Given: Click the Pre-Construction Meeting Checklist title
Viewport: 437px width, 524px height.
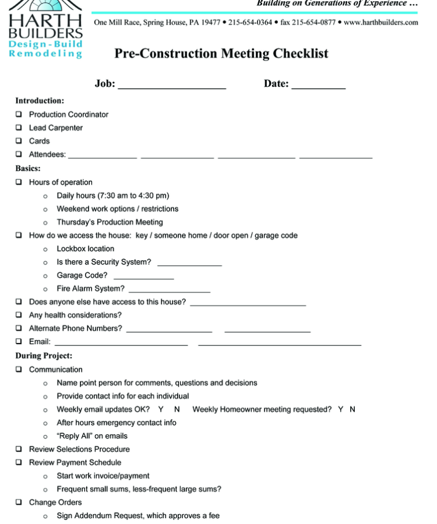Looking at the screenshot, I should point(221,54).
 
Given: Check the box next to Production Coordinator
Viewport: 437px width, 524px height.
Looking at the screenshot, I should point(19,114).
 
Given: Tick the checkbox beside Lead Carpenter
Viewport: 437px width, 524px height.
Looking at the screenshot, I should point(19,128).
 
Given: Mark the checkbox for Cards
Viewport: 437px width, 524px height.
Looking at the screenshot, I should point(19,141).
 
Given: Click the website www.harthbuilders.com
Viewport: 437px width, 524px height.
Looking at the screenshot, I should point(381,23).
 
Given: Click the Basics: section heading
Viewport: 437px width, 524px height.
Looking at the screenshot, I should point(28,168).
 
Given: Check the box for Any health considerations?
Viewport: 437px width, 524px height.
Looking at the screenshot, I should point(19,315).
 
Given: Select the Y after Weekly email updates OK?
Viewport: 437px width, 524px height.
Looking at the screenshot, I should point(161,409).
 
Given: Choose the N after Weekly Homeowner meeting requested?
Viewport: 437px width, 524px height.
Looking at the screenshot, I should point(353,409).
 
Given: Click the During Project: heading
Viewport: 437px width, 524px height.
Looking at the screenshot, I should point(44,356).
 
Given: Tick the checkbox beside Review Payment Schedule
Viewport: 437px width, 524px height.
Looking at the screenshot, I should point(19,462).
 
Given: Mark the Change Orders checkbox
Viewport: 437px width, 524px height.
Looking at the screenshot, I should point(19,502).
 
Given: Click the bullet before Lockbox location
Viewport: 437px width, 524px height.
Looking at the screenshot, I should point(45,249).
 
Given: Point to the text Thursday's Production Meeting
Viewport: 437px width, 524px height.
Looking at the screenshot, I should point(110,222).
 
